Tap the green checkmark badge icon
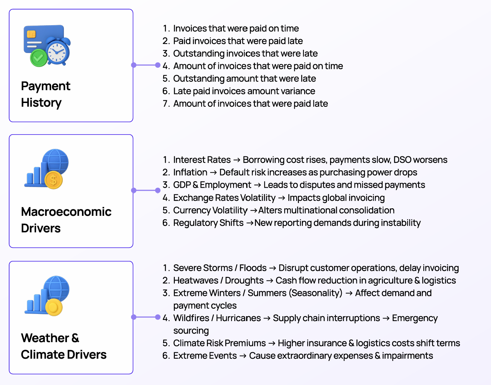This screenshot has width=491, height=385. tap(38, 58)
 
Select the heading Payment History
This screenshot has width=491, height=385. tap(45, 94)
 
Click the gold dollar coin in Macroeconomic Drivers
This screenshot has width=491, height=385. tap(53, 180)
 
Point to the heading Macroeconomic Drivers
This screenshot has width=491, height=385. tap(66, 220)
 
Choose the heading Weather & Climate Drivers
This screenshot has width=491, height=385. tap(64, 346)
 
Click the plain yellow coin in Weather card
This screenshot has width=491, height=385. tap(54, 307)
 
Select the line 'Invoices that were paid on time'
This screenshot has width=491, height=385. tap(236, 28)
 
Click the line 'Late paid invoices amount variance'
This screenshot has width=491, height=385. tap(244, 91)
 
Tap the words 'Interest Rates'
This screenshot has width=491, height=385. tap(202, 160)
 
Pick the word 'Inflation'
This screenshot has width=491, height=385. tap(190, 172)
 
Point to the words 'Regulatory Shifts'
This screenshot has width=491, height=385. tap(208, 223)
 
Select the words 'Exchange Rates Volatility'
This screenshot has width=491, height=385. tap(224, 198)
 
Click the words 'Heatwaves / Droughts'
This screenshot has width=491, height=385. tap(218, 280)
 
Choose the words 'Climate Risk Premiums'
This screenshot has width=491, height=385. tap(220, 343)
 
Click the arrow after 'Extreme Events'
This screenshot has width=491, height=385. tap(243, 356)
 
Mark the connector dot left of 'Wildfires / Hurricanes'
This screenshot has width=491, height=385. tap(158, 317)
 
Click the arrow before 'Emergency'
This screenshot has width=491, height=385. tap(386, 318)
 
